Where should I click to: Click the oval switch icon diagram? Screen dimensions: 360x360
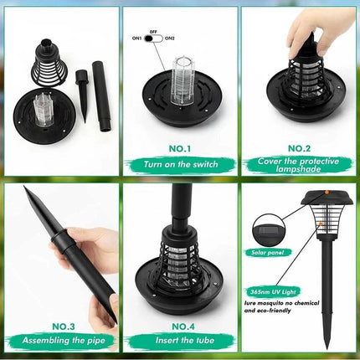[x=154, y=38]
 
